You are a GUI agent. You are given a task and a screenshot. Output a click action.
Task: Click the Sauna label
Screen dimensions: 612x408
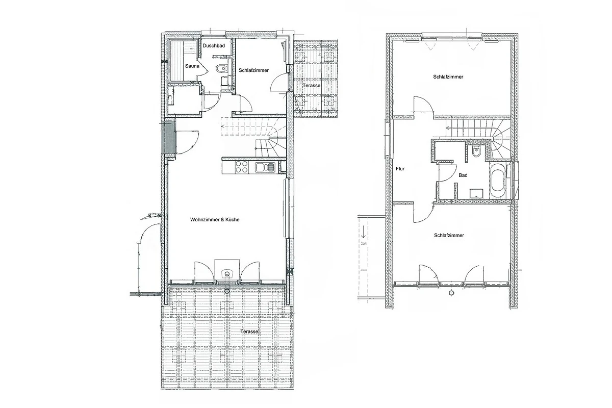pyautogui.click(x=192, y=66)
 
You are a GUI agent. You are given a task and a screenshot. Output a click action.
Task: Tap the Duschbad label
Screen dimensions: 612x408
pyautogui.click(x=214, y=45)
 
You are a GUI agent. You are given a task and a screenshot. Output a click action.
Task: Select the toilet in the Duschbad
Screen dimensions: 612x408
pyautogui.click(x=221, y=68)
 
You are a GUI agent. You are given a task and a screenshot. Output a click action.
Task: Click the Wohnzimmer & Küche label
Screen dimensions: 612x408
pyautogui.click(x=215, y=219)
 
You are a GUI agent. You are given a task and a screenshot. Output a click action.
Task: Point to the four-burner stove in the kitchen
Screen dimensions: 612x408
pyautogui.click(x=242, y=167)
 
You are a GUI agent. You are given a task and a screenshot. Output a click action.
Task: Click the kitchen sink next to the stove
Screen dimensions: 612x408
pyautogui.click(x=265, y=167)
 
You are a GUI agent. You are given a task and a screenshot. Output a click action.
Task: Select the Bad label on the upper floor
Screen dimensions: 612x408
pyautogui.click(x=463, y=175)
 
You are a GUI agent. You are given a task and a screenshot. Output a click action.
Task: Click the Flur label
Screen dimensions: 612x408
pyautogui.click(x=400, y=169)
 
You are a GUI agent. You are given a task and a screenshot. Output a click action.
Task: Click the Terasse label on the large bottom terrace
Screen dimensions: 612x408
pyautogui.click(x=249, y=331)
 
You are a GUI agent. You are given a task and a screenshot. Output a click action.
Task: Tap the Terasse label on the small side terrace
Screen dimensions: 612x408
pyautogui.click(x=312, y=86)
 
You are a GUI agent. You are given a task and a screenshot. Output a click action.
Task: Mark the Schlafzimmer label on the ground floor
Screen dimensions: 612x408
pyautogui.click(x=254, y=70)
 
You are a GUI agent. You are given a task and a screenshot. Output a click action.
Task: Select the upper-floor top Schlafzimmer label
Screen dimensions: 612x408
pyautogui.click(x=448, y=77)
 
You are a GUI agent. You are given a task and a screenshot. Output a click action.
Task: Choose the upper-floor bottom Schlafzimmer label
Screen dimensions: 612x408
pyautogui.click(x=449, y=235)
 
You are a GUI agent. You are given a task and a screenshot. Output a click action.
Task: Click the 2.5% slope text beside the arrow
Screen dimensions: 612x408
pyautogui.click(x=364, y=243)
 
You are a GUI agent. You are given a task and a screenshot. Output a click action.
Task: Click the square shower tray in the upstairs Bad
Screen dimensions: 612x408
pyautogui.click(x=476, y=193)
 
